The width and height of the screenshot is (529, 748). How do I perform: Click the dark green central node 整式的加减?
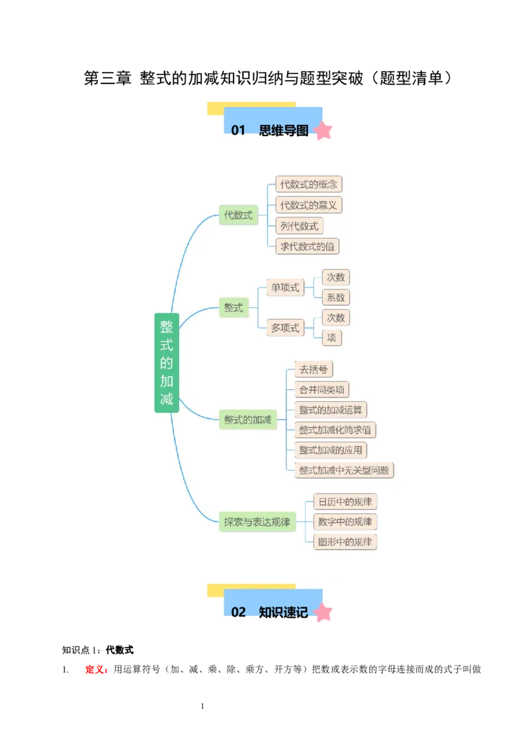point(167,362)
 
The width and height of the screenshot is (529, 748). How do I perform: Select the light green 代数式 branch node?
point(238,215)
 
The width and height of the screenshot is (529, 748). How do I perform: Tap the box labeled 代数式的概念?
point(308,184)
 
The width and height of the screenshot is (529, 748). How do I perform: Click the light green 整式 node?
point(233,307)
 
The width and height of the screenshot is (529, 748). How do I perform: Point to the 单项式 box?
point(285,287)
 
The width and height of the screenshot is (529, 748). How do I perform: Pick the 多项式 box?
point(285,328)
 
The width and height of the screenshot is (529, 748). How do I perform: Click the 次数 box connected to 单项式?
point(335,277)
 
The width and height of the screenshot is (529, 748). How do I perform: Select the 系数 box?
point(335,297)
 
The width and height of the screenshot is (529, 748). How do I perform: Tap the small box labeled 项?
point(331,338)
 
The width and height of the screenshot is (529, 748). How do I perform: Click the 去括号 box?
point(313,369)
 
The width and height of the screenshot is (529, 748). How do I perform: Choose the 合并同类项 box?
point(321,389)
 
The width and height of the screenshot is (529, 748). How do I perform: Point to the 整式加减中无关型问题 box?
point(345,470)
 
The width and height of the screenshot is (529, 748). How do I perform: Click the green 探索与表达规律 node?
point(257,522)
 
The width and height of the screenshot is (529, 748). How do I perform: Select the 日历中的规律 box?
point(345,502)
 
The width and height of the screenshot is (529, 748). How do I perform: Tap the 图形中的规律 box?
point(345,542)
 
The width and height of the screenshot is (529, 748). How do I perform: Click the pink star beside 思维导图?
point(323,130)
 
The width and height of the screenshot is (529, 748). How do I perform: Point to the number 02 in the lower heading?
point(238,612)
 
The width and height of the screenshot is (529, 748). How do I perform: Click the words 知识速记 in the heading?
point(283,612)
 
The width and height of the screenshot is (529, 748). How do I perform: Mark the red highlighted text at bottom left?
point(97,669)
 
